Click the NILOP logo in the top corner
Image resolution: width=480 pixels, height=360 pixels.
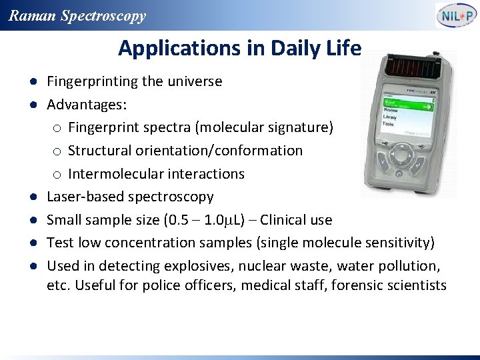[457, 15]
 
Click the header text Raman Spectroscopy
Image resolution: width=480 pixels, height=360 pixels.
[77, 16]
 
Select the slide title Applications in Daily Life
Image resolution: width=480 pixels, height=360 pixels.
[239, 49]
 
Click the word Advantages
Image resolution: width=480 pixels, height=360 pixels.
[87, 105]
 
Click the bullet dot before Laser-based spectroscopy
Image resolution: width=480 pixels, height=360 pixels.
[32, 197]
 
